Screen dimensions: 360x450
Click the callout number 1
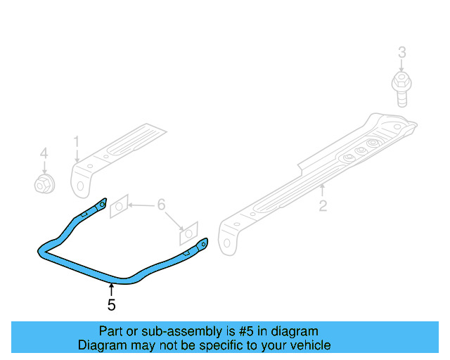pyautogui.click(x=76, y=143)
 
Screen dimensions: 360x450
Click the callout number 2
pyautogui.click(x=323, y=206)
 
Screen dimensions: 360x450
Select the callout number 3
pyautogui.click(x=401, y=52)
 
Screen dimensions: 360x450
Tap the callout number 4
pyautogui.click(x=44, y=153)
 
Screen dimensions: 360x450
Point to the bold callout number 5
pyautogui.click(x=111, y=305)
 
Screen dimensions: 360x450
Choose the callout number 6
pyautogui.click(x=161, y=205)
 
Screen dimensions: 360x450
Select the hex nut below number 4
pyautogui.click(x=44, y=184)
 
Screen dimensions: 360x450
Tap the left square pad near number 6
pyautogui.click(x=120, y=205)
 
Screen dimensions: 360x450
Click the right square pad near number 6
pyautogui.click(x=188, y=231)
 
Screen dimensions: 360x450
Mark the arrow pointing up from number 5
pyautogui.click(x=111, y=288)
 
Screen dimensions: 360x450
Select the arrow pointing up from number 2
pyautogui.click(x=323, y=190)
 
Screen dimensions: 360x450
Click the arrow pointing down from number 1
pyautogui.click(x=76, y=157)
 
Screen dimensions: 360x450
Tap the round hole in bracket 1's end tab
pyautogui.click(x=80, y=186)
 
